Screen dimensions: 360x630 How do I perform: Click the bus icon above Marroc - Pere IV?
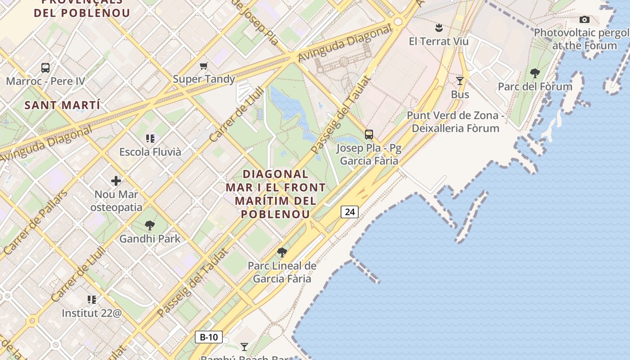[45, 68]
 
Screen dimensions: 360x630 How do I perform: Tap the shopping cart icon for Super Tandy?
[204, 66]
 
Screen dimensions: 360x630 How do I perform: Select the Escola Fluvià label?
[150, 152]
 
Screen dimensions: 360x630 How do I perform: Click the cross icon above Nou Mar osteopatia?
[116, 181]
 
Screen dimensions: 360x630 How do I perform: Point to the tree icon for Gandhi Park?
[150, 225]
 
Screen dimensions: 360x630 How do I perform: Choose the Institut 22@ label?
[92, 313]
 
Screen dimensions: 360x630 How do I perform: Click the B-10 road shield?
[209, 337]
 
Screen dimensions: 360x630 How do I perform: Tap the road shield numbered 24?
[349, 211]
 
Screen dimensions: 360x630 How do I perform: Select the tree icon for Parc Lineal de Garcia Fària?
[282, 252]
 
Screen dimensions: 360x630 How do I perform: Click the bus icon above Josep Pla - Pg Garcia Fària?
[369, 134]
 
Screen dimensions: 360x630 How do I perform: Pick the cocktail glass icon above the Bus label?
[460, 81]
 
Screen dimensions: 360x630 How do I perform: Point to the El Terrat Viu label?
[439, 41]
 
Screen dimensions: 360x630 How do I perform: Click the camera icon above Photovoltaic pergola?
[585, 19]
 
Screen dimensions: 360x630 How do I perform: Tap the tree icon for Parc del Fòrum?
[535, 73]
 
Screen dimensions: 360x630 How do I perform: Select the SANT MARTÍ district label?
[62, 105]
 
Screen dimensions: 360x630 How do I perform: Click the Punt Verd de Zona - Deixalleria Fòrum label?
[455, 122]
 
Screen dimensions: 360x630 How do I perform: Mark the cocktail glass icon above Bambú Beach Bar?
[244, 346]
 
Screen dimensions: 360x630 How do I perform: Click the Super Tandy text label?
[204, 79]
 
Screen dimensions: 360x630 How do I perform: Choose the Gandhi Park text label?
[150, 239]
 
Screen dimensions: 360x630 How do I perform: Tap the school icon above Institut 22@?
[92, 300]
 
